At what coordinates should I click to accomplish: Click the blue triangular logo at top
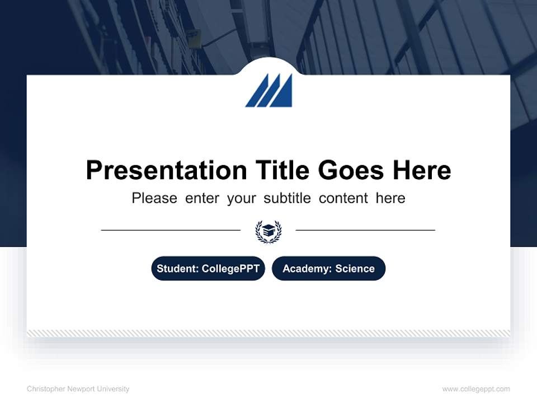(269, 91)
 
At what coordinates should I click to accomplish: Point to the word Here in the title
(421, 170)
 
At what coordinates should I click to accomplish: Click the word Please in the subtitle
(154, 198)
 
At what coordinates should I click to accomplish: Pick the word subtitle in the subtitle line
(286, 198)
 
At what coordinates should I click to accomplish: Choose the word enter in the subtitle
(202, 198)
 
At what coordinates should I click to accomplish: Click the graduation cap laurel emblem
(268, 231)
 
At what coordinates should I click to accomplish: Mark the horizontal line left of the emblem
(171, 230)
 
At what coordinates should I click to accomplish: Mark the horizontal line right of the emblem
(365, 230)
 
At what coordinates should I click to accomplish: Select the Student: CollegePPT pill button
(208, 269)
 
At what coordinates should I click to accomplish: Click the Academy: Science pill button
(328, 269)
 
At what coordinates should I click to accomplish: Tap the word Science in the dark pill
(355, 269)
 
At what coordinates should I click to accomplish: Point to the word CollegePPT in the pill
(230, 269)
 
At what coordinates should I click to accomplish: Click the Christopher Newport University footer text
(78, 389)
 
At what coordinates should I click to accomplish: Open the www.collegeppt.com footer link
(476, 389)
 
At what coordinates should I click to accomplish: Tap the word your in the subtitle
(241, 198)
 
